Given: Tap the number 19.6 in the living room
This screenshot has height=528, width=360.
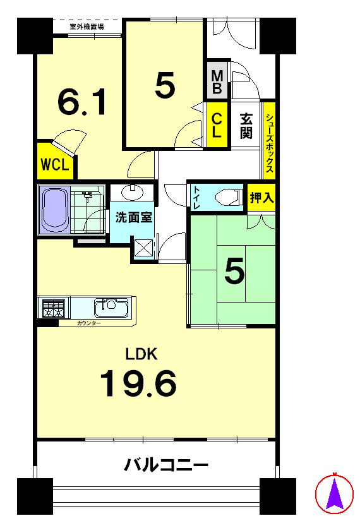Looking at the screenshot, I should [x=138, y=383].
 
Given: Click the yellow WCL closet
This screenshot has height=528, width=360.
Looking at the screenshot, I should [x=56, y=164].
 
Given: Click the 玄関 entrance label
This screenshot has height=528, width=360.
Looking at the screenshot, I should [x=246, y=126].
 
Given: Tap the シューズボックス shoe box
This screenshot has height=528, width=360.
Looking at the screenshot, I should [x=269, y=143].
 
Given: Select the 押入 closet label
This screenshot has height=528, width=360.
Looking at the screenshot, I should [x=261, y=197].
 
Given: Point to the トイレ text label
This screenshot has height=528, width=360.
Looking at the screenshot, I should [x=197, y=197].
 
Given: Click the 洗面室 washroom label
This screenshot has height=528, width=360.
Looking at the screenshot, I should [x=133, y=217].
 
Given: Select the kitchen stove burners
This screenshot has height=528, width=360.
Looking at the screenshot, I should [x=52, y=309].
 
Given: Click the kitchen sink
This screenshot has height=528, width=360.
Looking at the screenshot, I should [x=111, y=308].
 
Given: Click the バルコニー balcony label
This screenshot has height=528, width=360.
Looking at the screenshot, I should [x=166, y=467].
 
